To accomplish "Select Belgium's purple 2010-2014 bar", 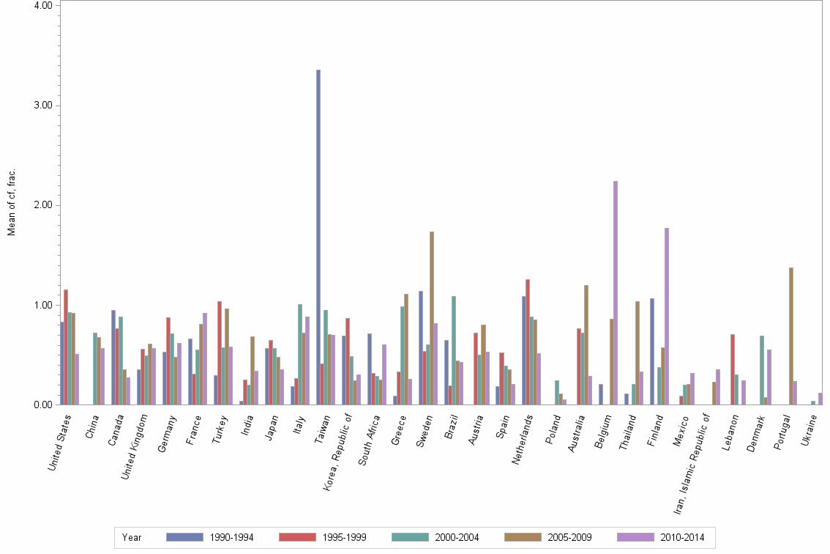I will (616, 292).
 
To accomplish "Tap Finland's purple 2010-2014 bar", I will (667, 316).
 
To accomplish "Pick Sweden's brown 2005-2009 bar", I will (432, 318).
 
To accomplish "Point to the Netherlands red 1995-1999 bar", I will (527, 341).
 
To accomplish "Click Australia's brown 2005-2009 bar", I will (586, 344).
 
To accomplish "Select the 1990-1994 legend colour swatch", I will (185, 537).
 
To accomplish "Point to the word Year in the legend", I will (132, 537).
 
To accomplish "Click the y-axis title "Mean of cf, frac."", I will (11, 202).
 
